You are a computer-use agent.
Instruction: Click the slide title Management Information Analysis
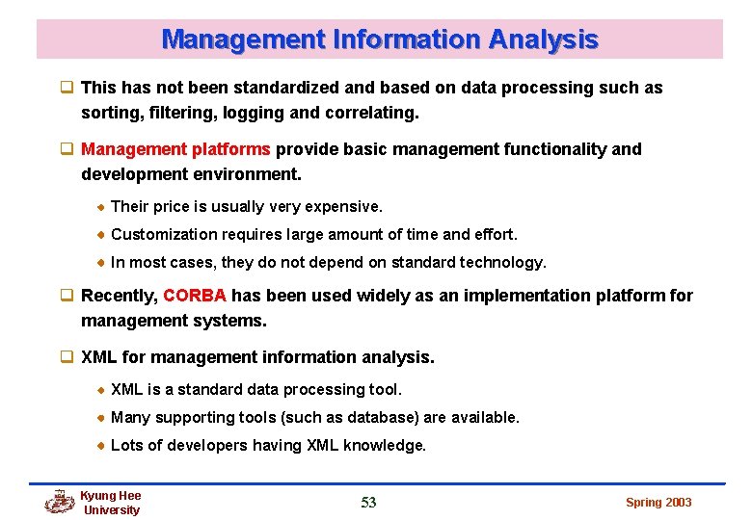pos(380,39)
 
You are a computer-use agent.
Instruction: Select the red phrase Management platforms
pos(176,149)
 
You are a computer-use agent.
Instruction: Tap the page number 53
pos(368,502)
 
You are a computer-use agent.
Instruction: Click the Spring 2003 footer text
pos(658,502)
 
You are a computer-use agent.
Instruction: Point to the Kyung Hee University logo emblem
pos(60,502)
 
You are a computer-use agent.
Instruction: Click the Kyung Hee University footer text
pos(111,503)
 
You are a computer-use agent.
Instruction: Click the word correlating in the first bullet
pos(370,113)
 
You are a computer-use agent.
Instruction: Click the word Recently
pos(119,296)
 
